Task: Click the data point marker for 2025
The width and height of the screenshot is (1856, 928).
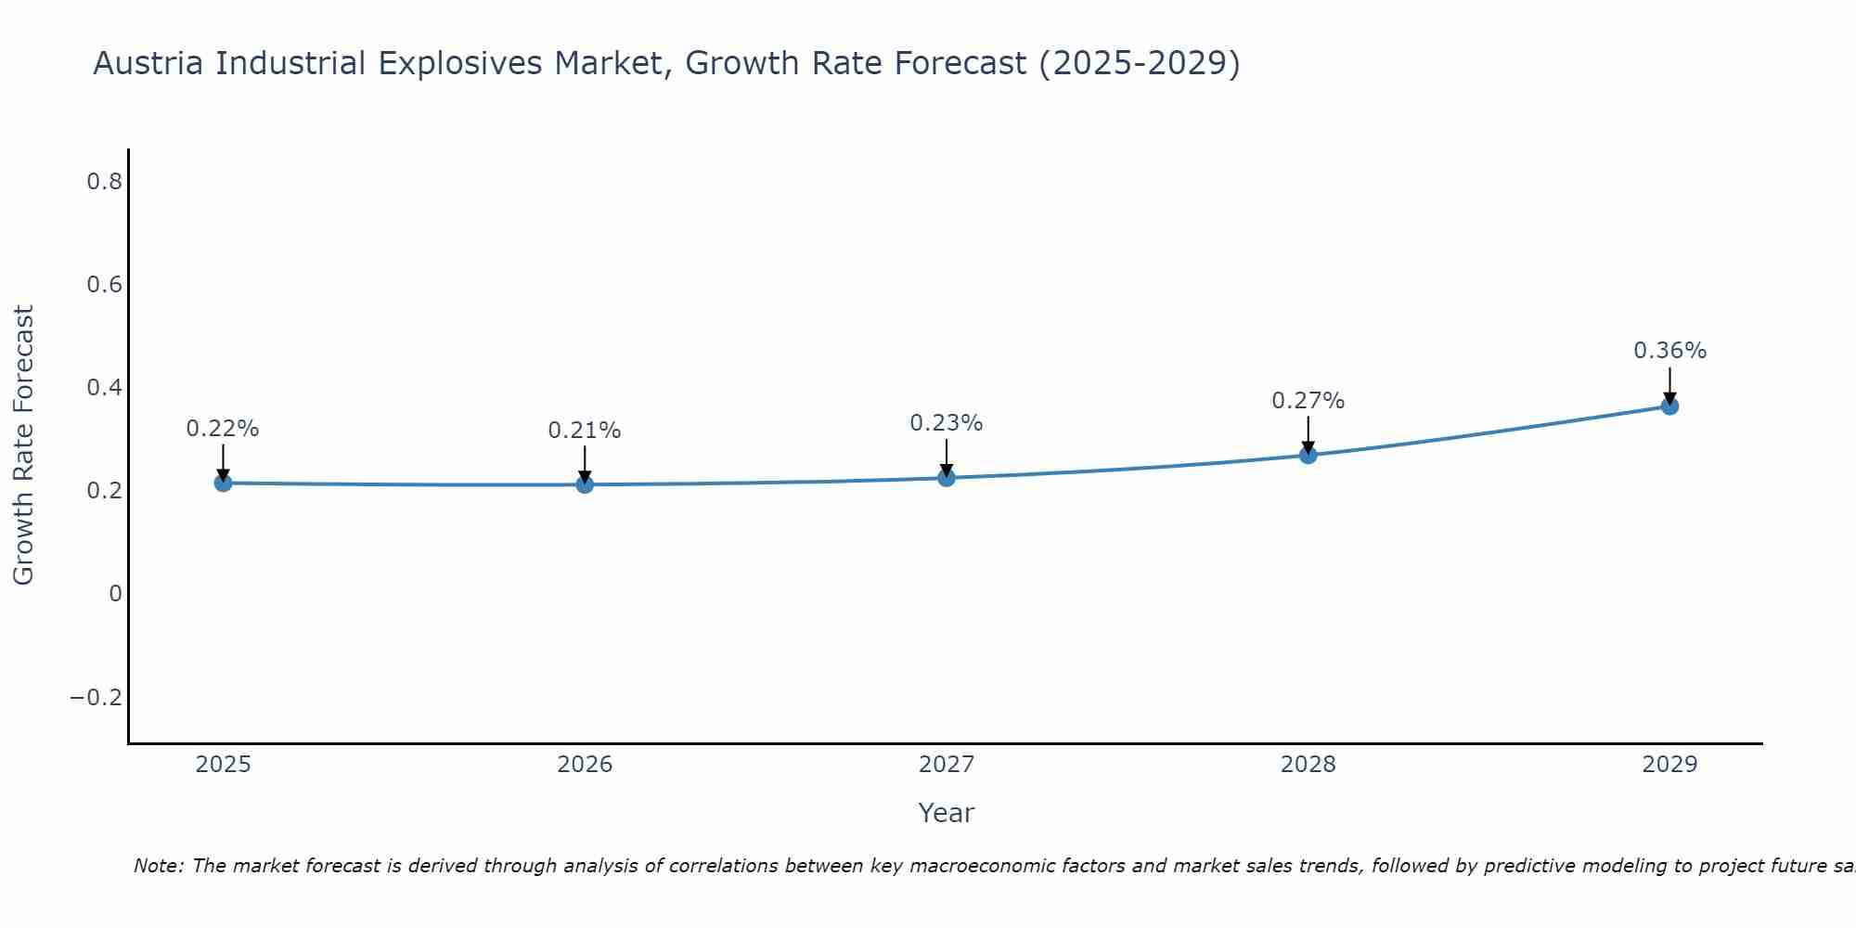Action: [223, 483]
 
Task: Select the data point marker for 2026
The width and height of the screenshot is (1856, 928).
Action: [585, 484]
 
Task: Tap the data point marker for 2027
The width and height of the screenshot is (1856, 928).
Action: [947, 478]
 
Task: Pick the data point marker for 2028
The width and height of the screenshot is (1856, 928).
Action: [1308, 455]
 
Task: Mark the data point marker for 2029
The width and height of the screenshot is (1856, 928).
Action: [1669, 406]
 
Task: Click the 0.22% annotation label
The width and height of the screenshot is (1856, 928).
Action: [223, 429]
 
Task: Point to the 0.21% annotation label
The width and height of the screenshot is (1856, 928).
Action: [585, 431]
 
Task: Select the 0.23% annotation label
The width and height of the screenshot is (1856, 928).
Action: [947, 423]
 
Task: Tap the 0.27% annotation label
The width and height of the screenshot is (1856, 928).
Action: [1308, 401]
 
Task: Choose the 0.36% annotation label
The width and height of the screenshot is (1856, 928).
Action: [1669, 351]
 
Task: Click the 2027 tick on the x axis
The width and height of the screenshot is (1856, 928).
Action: [947, 765]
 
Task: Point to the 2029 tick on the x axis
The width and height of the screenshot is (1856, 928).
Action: [1669, 765]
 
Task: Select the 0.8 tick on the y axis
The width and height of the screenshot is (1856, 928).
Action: [105, 182]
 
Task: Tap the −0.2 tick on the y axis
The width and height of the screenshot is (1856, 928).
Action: [97, 697]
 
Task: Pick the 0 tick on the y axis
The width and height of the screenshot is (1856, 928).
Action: [115, 594]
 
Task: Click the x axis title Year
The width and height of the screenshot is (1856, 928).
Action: [946, 813]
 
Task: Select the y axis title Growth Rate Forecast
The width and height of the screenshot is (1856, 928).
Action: [23, 445]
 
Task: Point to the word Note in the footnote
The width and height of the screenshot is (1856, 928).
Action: [158, 866]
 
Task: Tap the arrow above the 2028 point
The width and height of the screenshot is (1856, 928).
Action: [1308, 433]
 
